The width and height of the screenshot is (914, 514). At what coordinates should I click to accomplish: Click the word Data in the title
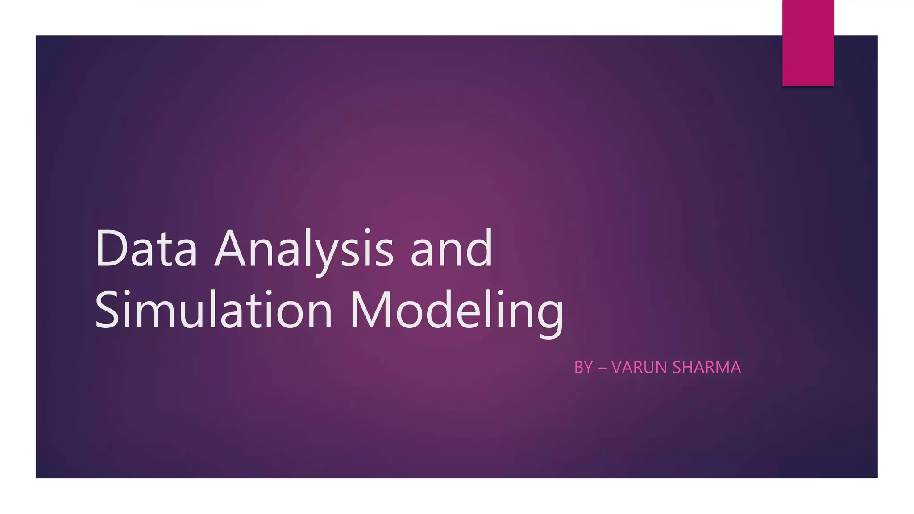pyautogui.click(x=146, y=248)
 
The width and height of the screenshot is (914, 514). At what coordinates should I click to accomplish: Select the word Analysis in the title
pyautogui.click(x=304, y=248)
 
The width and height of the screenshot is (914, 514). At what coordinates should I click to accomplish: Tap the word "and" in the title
pyautogui.click(x=451, y=248)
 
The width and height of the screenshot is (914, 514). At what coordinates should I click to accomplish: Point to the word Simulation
pyautogui.click(x=214, y=310)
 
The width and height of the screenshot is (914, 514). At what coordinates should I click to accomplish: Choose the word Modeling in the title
pyautogui.click(x=457, y=310)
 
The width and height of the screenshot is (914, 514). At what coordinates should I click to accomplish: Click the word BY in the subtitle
pyautogui.click(x=583, y=367)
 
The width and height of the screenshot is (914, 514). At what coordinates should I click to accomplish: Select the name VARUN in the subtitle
pyautogui.click(x=639, y=367)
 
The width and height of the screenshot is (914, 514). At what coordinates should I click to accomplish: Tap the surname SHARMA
pyautogui.click(x=706, y=367)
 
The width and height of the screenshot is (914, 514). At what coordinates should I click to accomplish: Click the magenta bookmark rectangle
pyautogui.click(x=808, y=43)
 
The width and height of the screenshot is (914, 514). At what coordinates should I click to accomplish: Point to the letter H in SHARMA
pyautogui.click(x=690, y=367)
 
